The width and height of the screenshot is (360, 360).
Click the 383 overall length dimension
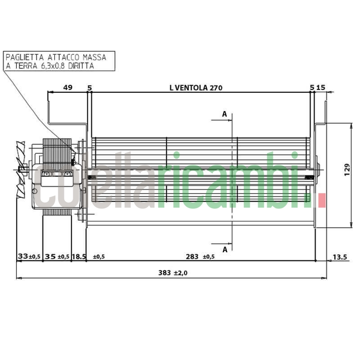tap(165, 273)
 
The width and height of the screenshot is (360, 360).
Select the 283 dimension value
tap(192, 256)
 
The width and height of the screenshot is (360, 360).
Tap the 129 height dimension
tap(347, 170)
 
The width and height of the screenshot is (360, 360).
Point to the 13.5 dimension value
tap(340, 257)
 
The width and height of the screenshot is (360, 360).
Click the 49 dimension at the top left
tap(68, 87)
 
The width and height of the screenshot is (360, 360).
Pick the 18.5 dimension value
tap(79, 256)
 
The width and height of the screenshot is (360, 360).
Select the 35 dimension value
tap(50, 256)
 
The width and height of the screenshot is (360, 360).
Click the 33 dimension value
tap(23, 256)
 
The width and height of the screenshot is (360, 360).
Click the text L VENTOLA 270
tap(196, 88)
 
